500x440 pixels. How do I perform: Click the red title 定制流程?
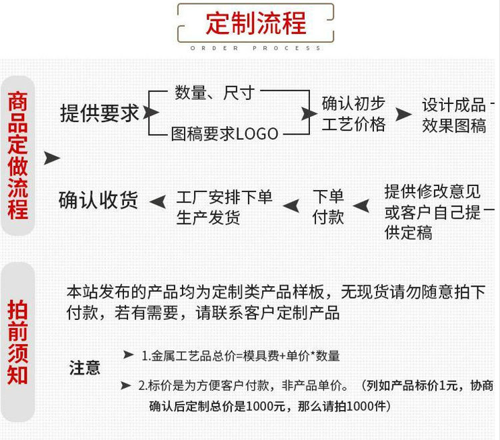pos(256,24)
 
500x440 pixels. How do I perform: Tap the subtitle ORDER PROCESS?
pos(256,48)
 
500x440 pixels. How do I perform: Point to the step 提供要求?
pos(100,113)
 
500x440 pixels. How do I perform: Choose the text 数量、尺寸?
pos(215,93)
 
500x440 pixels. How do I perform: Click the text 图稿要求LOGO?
pos(225,134)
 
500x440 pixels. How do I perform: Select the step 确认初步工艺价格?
pos(353,114)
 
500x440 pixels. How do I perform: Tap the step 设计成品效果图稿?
pos(454,115)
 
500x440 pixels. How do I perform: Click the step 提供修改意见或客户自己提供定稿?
pos(433,212)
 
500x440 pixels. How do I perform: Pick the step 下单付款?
pos(328,206)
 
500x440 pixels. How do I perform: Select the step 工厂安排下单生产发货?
pos(224,207)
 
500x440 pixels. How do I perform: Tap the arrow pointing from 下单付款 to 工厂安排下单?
pos(291,202)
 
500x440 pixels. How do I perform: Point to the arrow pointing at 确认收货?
pos(157,201)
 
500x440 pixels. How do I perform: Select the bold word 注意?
pos(85,367)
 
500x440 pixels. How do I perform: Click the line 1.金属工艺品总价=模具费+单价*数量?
pos(241,356)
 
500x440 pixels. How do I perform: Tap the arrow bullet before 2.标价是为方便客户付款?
pos(126,385)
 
